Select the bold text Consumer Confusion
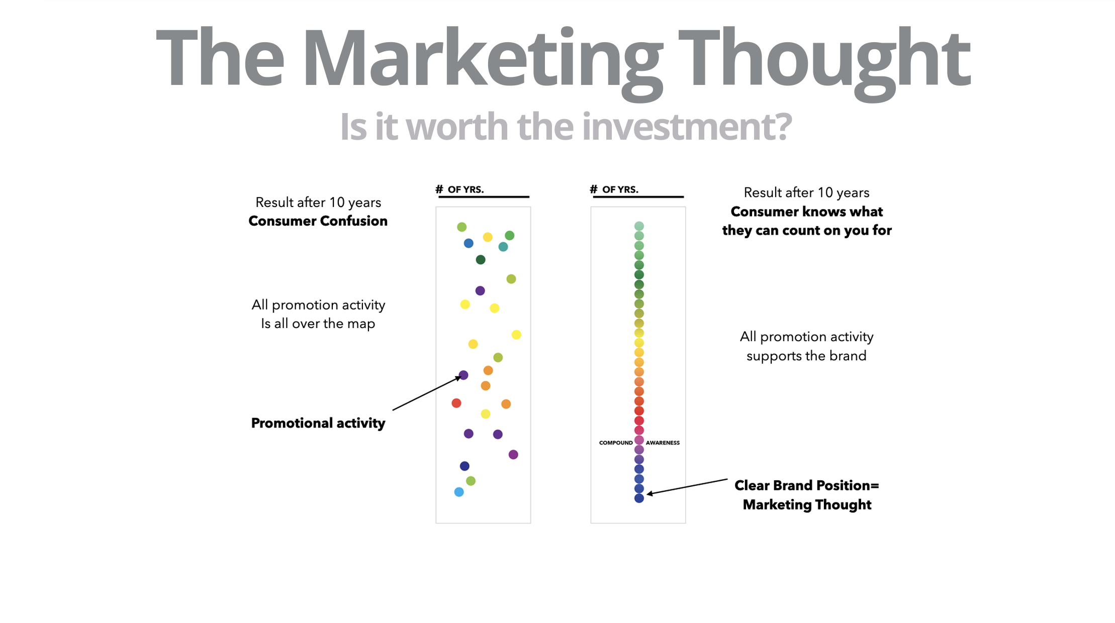[x=318, y=221]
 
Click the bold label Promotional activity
[x=318, y=423]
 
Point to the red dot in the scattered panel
[x=456, y=403]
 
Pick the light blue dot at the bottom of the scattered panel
[x=459, y=492]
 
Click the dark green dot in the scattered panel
[x=481, y=260]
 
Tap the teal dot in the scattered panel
[x=503, y=247]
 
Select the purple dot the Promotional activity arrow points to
[x=463, y=375]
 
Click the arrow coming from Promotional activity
[x=427, y=393]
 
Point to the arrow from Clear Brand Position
[x=687, y=487]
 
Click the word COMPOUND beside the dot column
[x=616, y=443]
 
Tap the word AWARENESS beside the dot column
[x=663, y=443]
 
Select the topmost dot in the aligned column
[x=639, y=226]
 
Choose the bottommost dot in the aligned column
[x=639, y=498]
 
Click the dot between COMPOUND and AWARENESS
[x=639, y=440]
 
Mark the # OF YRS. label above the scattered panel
[x=459, y=189]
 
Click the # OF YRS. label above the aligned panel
[x=614, y=189]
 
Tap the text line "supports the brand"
[x=806, y=356]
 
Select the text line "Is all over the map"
[x=318, y=324]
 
